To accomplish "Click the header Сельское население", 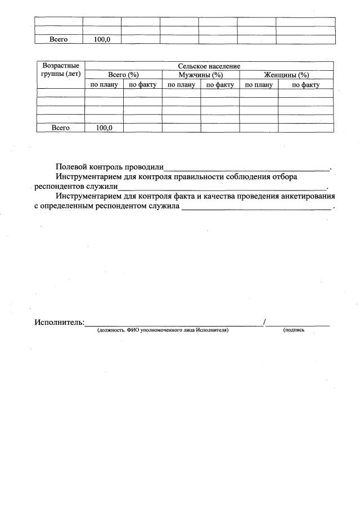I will click(x=209, y=66).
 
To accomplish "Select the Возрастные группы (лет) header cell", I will click(x=61, y=70).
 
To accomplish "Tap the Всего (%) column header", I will click(x=123, y=75).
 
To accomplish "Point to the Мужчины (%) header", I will click(x=201, y=75).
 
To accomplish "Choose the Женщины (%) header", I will click(x=286, y=75).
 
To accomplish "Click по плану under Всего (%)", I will click(x=104, y=85).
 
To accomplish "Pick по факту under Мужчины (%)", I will click(x=220, y=85).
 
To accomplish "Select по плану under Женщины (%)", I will click(x=259, y=85).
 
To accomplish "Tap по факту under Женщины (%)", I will click(x=306, y=85).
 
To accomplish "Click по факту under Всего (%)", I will click(x=143, y=85).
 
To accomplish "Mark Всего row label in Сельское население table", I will click(x=60, y=128).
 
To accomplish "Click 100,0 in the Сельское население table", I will click(x=104, y=128).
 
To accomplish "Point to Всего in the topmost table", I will click(x=59, y=39).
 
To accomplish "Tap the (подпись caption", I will click(x=294, y=330).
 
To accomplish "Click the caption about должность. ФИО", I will click(x=163, y=330).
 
